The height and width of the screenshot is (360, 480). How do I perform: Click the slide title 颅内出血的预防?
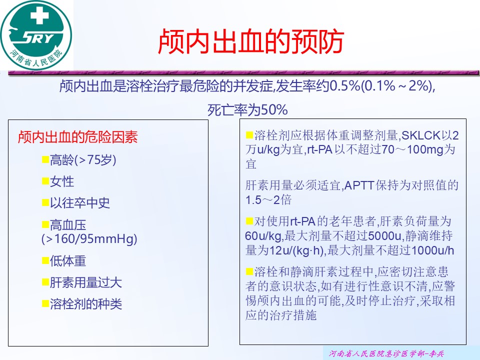pyautogui.click(x=251, y=41)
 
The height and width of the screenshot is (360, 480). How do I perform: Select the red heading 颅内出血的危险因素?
pyautogui.click(x=78, y=137)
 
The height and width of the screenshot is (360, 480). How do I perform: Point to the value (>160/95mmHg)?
pyautogui.click(x=89, y=239)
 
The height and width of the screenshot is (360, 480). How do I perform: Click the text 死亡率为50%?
pyautogui.click(x=247, y=109)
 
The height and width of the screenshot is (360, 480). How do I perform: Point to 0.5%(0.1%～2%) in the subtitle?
pyautogui.click(x=381, y=85)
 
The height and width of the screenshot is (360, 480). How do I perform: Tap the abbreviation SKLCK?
pyautogui.click(x=421, y=135)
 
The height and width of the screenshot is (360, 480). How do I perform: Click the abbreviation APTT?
pyautogui.click(x=359, y=185)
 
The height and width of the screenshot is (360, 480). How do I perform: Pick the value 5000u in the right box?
pyautogui.click(x=384, y=236)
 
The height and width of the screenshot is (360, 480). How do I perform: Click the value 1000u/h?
pyautogui.click(x=433, y=250)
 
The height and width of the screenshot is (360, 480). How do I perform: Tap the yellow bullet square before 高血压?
pyautogui.click(x=45, y=225)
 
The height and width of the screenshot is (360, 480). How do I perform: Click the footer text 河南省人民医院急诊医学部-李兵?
pyautogui.click(x=386, y=353)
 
